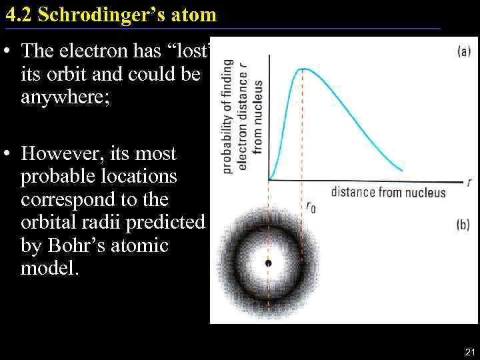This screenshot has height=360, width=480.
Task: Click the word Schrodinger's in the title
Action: [x=107, y=14]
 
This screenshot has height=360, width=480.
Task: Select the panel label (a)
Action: [x=463, y=51]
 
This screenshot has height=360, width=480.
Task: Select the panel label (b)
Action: [x=463, y=225]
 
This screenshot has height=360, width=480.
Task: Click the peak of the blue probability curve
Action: [x=303, y=69]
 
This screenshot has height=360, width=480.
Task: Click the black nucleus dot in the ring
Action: [x=268, y=263]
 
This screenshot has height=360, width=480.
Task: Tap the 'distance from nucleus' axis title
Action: [x=388, y=193]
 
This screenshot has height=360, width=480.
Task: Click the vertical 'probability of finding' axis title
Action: [x=228, y=117]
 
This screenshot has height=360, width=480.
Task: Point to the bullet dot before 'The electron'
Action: [x=9, y=51]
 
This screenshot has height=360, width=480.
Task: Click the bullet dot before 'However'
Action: [x=9, y=154]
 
